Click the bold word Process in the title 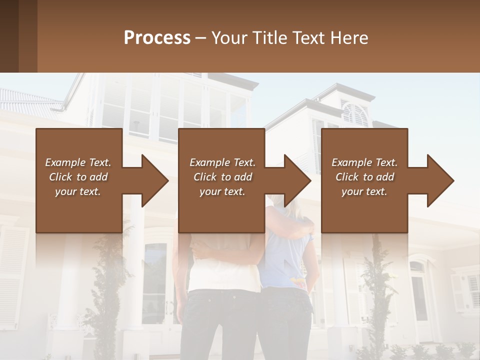tap(157, 38)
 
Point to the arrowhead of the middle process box tap(298, 180)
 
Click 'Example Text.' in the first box tap(78, 162)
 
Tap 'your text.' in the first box tap(78, 191)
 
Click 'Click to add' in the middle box tap(222, 177)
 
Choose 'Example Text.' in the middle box tap(222, 162)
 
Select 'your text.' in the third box tap(364, 191)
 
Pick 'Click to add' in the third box tap(364, 177)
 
